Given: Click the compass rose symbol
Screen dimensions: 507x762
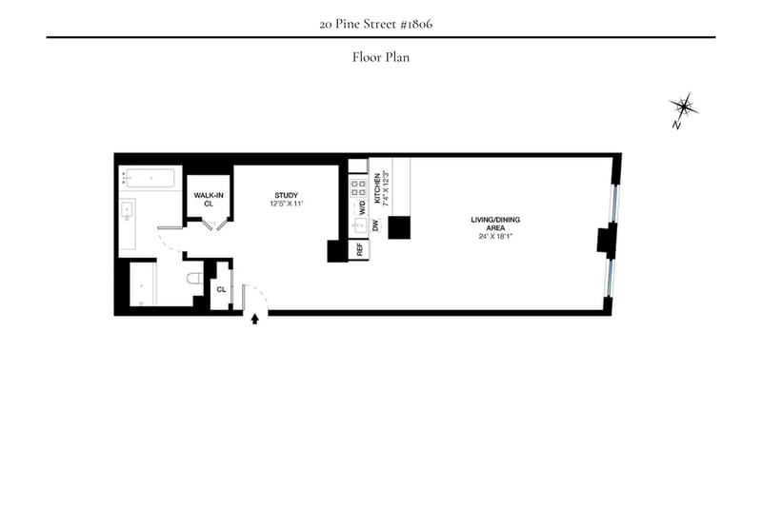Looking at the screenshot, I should [684, 106].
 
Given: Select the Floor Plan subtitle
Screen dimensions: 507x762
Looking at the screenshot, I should [380, 57].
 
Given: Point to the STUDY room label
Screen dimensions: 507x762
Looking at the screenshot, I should [287, 196].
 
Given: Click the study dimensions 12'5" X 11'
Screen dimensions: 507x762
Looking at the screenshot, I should [287, 205].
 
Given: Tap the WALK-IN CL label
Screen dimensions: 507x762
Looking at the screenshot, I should [209, 199].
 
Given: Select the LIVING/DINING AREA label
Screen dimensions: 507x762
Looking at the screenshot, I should [494, 224].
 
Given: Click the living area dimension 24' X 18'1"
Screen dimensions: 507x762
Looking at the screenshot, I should [494, 236].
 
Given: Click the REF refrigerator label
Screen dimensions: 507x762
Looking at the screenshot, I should [359, 250].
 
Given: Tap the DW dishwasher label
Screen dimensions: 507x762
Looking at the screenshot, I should [376, 225].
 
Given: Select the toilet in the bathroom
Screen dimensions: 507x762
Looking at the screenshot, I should [193, 279].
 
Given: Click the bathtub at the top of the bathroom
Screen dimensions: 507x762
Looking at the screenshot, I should [150, 178].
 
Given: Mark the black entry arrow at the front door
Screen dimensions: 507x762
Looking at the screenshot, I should [254, 320].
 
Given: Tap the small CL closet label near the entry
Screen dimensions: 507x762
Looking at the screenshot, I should [221, 289].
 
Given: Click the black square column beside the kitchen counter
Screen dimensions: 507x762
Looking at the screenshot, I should [398, 226].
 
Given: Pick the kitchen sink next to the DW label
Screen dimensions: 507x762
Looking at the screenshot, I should [360, 226].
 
